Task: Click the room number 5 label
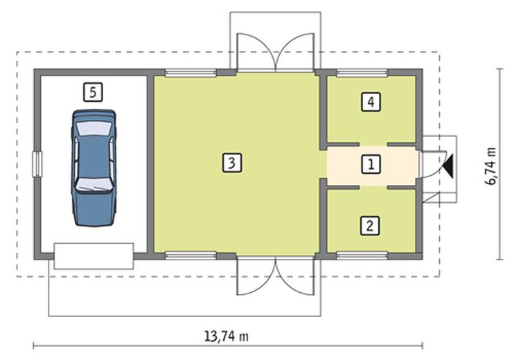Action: (93, 92)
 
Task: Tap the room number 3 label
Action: (232, 163)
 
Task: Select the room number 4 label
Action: (371, 102)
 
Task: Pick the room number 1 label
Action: (371, 164)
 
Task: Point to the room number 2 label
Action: (370, 226)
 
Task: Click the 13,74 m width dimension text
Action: (227, 336)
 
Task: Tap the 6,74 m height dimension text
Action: (490, 166)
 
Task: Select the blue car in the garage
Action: (94, 168)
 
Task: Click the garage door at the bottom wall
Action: (94, 256)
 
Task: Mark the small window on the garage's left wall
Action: (37, 164)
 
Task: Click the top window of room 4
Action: (362, 73)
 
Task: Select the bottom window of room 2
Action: (362, 255)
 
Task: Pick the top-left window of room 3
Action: (190, 73)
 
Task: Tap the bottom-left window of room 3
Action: (190, 255)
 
